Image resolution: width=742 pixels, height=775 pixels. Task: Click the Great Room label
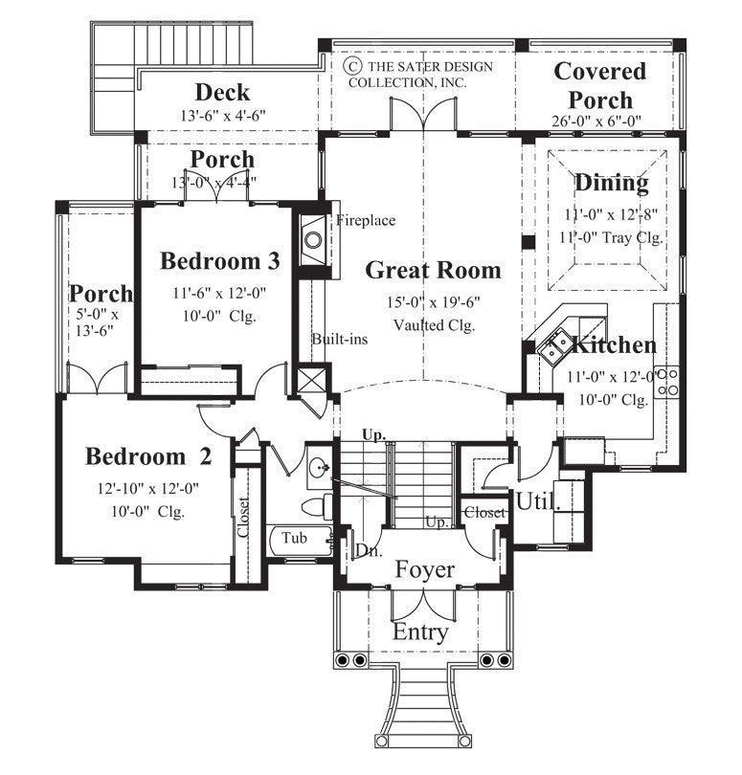point(433,271)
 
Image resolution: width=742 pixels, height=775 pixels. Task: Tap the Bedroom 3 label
point(219,261)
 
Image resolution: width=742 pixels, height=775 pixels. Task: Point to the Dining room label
point(611,182)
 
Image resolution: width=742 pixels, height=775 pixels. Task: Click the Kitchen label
point(614,345)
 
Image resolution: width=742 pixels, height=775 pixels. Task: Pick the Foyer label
point(425,570)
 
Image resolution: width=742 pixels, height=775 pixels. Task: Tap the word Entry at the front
point(420,632)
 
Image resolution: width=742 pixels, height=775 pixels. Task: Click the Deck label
point(222,93)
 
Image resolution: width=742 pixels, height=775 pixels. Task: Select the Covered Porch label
point(600,85)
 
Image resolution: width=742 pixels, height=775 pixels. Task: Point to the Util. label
point(537,500)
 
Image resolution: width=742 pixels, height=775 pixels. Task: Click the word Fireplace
point(365,221)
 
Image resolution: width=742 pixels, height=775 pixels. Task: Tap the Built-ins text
point(334,339)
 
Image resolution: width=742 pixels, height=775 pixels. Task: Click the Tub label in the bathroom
point(294,539)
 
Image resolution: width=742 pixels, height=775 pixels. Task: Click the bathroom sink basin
point(318,470)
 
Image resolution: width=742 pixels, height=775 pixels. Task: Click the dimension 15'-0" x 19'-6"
point(434,302)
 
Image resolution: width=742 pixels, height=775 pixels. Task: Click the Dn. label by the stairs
point(366,551)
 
